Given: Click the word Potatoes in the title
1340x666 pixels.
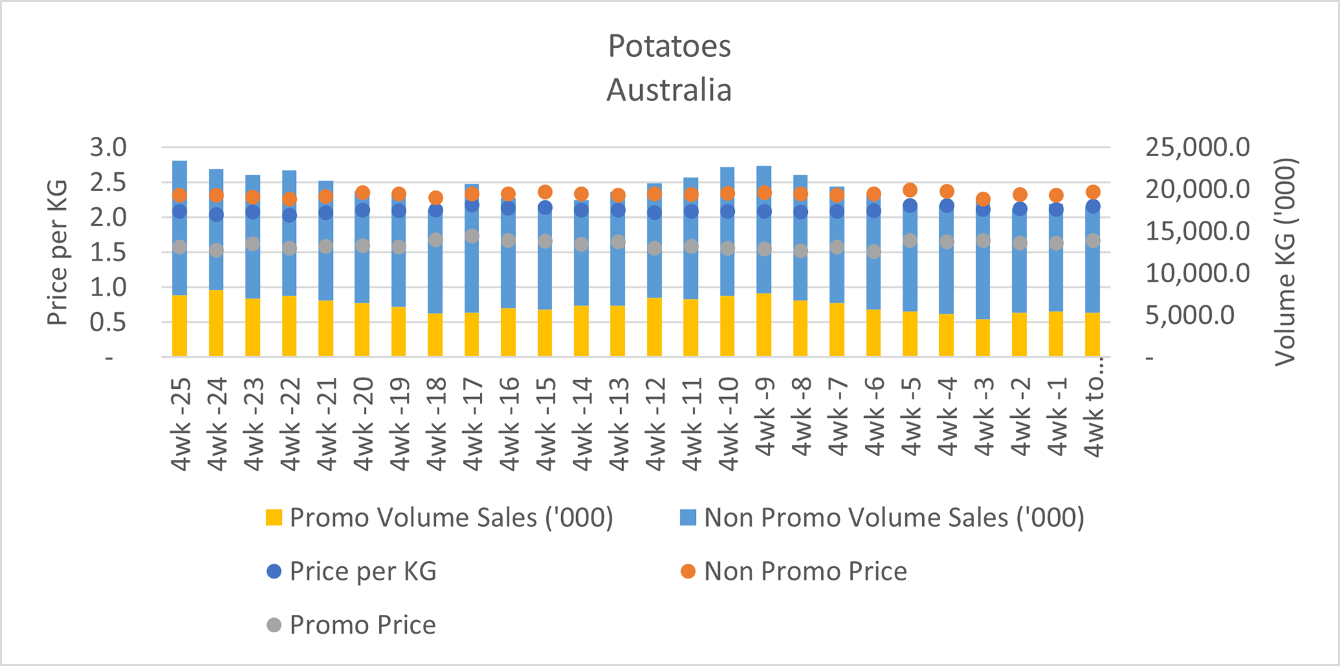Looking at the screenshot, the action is (669, 47).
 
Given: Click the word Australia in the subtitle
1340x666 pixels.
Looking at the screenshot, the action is (669, 90).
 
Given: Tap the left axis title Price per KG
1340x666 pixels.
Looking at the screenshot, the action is (58, 253).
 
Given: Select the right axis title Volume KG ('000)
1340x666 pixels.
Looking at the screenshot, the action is (1284, 262).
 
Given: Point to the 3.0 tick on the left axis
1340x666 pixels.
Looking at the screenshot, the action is (108, 147).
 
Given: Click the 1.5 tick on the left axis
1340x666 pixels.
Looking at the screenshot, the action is (108, 252).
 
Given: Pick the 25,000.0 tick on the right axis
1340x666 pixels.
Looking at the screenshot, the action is (1197, 147).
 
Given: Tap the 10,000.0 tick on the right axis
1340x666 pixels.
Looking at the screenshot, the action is (1197, 273).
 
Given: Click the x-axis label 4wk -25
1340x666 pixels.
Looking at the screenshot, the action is (180, 424).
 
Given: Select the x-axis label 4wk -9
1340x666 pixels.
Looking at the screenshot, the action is (765, 417).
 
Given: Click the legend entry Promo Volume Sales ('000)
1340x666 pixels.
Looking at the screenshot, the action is (439, 518).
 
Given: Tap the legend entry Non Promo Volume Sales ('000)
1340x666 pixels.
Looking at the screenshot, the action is (882, 518).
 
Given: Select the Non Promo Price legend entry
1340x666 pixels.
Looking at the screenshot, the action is (794, 571).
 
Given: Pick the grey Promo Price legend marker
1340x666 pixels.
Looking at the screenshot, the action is (274, 625).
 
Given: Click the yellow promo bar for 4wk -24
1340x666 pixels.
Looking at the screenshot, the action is (216, 323).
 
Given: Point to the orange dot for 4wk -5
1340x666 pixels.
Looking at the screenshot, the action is (910, 190).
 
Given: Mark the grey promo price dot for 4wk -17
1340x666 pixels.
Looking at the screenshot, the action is (472, 236).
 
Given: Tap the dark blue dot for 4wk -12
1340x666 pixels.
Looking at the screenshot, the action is (654, 212).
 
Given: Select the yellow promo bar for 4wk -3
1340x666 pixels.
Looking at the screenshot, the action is (983, 338).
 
